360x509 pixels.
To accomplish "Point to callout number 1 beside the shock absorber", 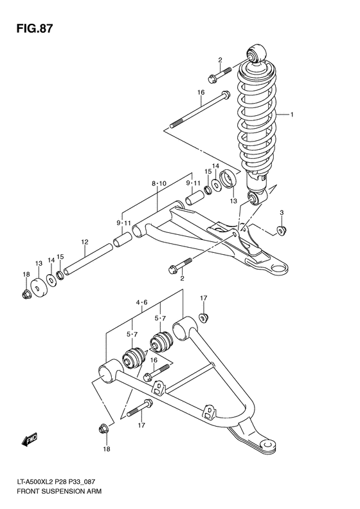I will [291, 115].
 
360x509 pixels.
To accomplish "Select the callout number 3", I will [281, 212].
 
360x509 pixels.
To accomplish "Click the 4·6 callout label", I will [142, 302].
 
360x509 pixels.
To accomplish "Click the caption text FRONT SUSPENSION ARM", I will [53, 499].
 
